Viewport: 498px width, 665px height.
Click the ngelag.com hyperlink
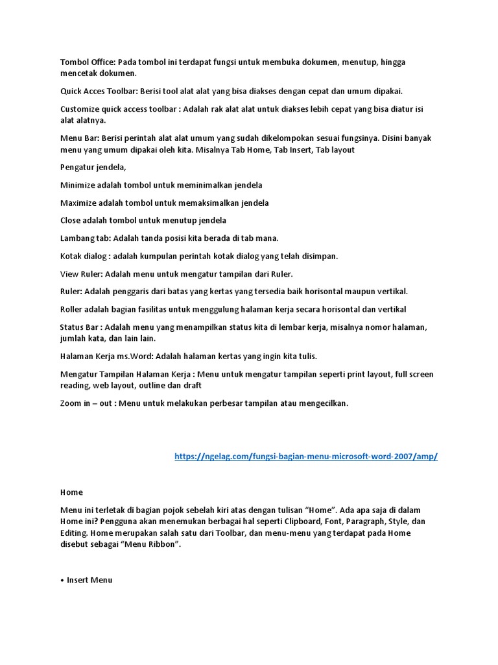(x=306, y=457)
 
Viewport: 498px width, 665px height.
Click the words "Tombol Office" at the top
(x=87, y=62)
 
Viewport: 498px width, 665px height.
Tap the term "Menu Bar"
(x=79, y=138)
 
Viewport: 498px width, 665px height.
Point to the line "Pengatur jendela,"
(x=93, y=168)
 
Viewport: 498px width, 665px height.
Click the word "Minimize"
(x=78, y=185)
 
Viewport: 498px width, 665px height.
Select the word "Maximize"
(x=78, y=203)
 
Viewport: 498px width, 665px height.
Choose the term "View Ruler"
(x=82, y=273)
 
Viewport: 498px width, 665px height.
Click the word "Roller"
(x=72, y=308)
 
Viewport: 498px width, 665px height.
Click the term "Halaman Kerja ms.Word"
(x=107, y=356)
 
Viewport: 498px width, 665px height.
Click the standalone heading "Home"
(x=71, y=492)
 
